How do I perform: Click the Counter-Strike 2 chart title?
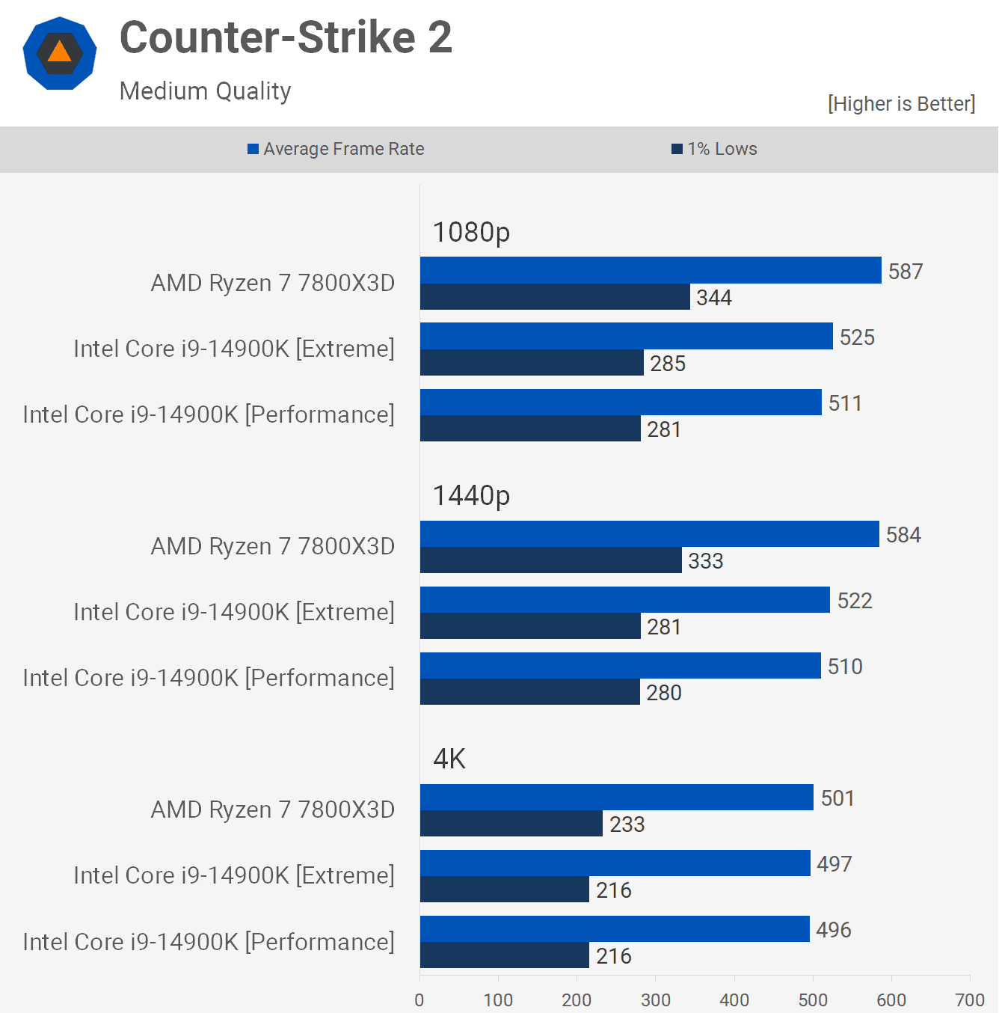pos(286,37)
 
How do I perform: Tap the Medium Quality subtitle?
pos(205,91)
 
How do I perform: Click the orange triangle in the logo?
pos(60,52)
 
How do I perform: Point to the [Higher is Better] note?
pos(901,103)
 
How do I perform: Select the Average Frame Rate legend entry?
pos(336,149)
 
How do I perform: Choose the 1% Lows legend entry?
pos(715,149)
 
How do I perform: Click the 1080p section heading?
pos(471,232)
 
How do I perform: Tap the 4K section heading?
pos(449,759)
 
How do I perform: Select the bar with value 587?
pos(651,270)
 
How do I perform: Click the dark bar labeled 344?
pos(555,297)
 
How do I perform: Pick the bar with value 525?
pos(627,336)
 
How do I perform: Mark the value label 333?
pos(706,561)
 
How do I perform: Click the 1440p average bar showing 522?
pos(625,600)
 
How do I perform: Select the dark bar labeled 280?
pos(530,692)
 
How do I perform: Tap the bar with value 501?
pos(617,798)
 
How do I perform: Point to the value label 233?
pos(627,824)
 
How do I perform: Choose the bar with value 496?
pos(615,929)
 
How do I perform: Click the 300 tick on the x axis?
pos(656,1000)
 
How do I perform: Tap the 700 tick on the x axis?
pos(970,1000)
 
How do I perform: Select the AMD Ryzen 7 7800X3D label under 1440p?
pos(273,546)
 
